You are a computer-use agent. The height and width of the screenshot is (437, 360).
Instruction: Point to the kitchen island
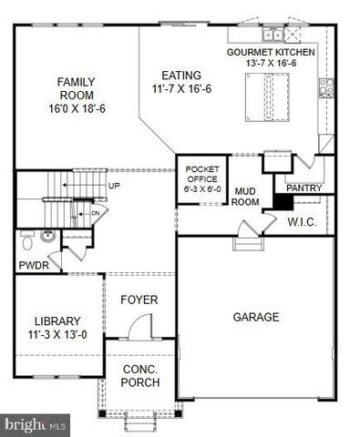[x=268, y=96]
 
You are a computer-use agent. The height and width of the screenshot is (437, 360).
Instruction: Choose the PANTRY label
[x=303, y=188]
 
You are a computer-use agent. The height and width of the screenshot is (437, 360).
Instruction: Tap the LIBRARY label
[x=57, y=327]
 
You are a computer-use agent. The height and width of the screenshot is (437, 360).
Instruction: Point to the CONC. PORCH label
[x=140, y=375]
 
